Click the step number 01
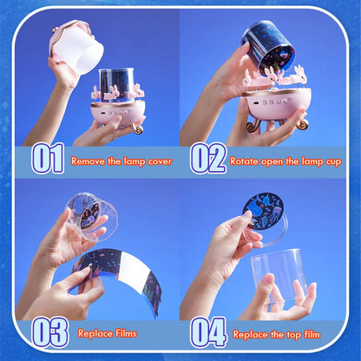pyautogui.click(x=49, y=159)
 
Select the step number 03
pyautogui.click(x=49, y=332)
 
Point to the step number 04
pyautogui.click(x=208, y=332)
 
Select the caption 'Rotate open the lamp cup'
pyautogui.click(x=285, y=161)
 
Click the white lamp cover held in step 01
pyautogui.click(x=79, y=48)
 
